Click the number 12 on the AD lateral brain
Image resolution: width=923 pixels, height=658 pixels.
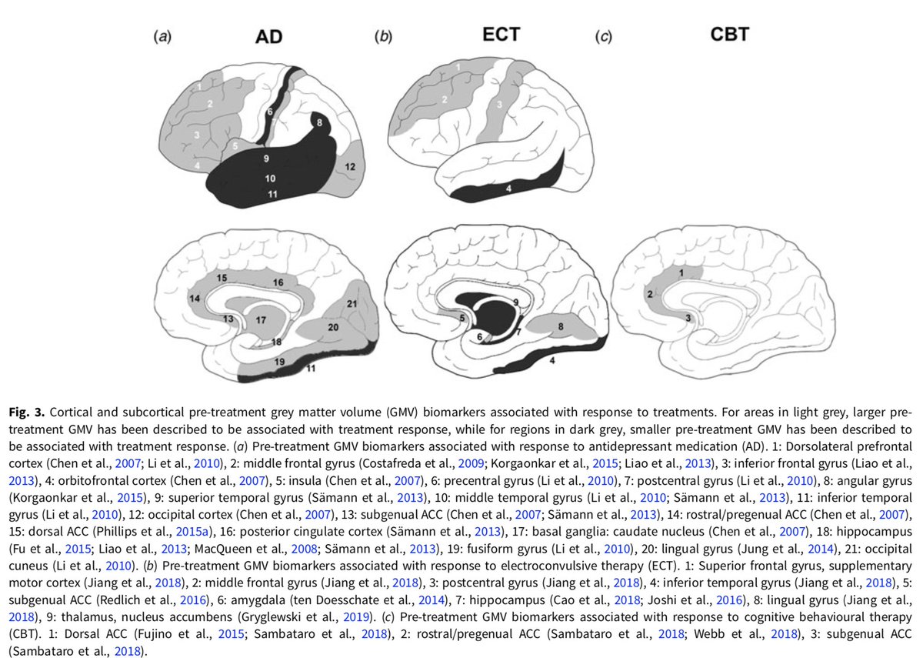[x=350, y=166]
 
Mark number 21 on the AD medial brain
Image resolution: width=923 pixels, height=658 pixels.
[x=352, y=304]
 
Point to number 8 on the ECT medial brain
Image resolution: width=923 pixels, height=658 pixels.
[x=561, y=326]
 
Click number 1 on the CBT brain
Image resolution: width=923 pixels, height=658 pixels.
[x=680, y=272]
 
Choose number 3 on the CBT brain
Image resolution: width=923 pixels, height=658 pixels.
[x=687, y=316]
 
